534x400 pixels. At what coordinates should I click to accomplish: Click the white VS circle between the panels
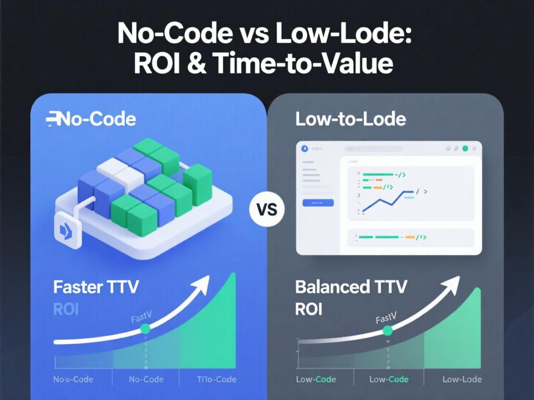pyautogui.click(x=268, y=211)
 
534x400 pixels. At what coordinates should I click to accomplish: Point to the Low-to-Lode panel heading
pyautogui.click(x=350, y=119)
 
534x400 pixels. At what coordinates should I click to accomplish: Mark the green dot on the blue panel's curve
pyautogui.click(x=145, y=329)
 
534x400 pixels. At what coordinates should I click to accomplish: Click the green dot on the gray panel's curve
pyautogui.click(x=387, y=330)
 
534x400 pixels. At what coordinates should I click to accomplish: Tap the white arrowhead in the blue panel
pyautogui.click(x=201, y=284)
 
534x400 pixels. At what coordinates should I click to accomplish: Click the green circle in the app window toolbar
pyautogui.click(x=465, y=148)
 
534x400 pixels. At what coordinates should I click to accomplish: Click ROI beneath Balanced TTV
pyautogui.click(x=309, y=309)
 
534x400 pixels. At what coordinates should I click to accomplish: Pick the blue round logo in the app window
pyautogui.click(x=305, y=148)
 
